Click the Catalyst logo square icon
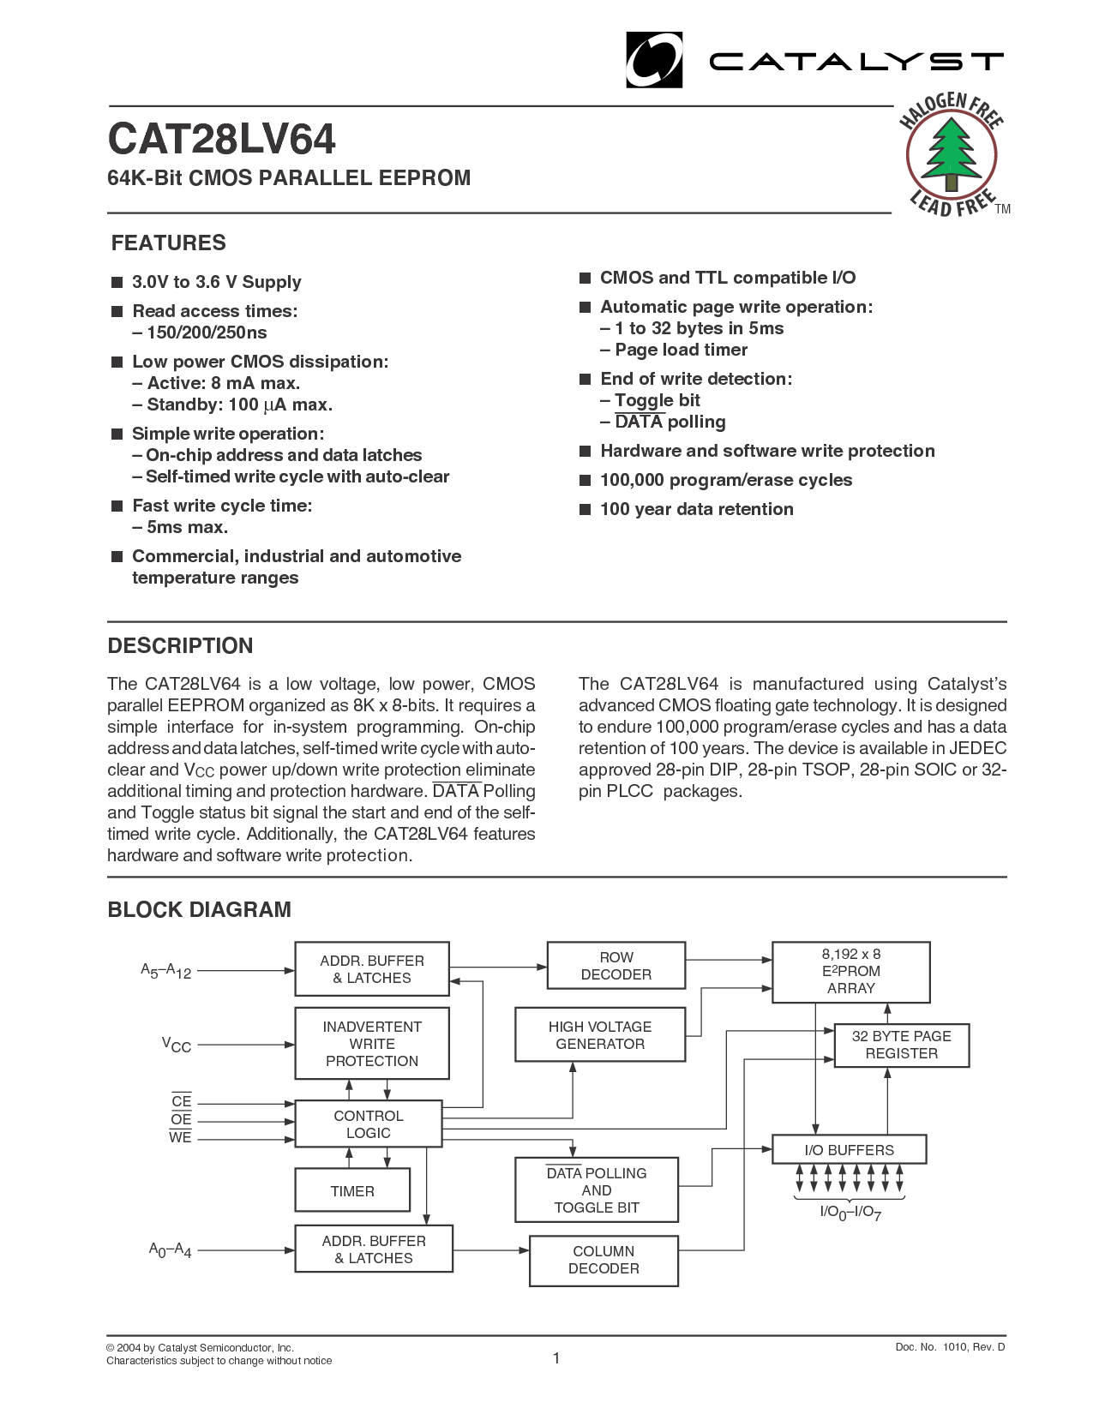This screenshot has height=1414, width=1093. pos(654,60)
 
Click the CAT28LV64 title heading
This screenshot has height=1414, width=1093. pos(222,140)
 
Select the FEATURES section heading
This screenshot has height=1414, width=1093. pos(169,243)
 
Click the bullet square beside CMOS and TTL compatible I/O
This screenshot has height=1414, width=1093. pos(586,278)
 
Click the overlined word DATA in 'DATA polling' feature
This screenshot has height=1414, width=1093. pos(639,422)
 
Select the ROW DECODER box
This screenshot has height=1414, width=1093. pos(616,966)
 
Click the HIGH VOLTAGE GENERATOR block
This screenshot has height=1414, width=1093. pos(600,1035)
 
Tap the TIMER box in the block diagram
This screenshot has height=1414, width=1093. pos(352,1191)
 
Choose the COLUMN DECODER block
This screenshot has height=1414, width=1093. pos(604,1260)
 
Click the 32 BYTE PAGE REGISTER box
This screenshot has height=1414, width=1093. pos(901,1045)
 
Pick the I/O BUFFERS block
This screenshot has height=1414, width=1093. pos(849,1150)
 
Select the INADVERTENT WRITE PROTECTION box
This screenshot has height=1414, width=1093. pos(372,1044)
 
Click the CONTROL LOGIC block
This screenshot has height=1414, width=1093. pos(369,1124)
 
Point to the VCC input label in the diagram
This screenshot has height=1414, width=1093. pos(177,1045)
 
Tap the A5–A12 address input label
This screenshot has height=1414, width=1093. pos(165,971)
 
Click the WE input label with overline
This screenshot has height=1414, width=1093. pos(180,1138)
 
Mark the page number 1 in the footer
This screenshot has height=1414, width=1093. pos(556,1357)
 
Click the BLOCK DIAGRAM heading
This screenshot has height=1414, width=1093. pos(200,909)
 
